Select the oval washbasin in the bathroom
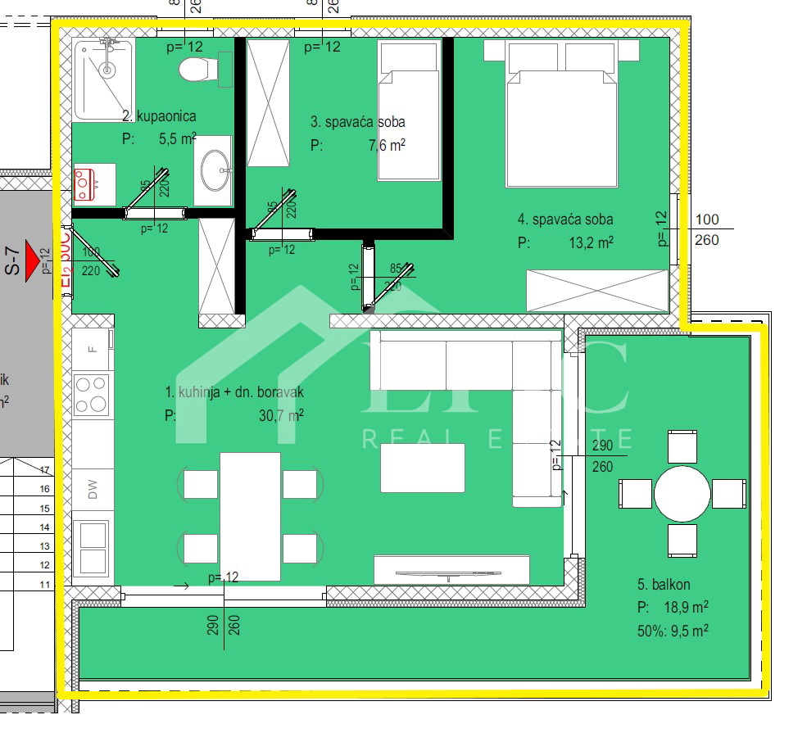point(216,170)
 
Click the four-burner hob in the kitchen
point(92,393)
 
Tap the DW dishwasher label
point(93,491)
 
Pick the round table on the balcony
point(682,494)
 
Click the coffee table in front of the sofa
point(422,468)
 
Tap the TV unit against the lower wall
point(451,568)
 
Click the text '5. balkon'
point(664,584)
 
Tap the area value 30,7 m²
point(281,415)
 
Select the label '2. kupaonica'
point(159,116)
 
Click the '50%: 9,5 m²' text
point(672,631)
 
